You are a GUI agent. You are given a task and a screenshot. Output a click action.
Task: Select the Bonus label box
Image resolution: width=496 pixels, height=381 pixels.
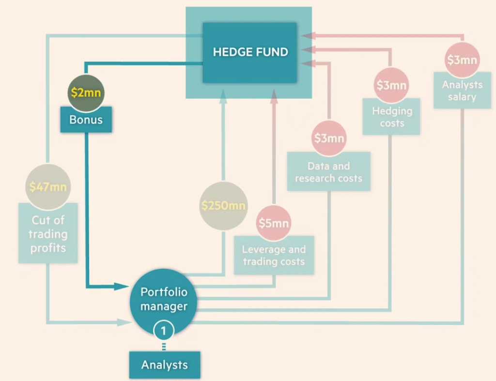(x=86, y=120)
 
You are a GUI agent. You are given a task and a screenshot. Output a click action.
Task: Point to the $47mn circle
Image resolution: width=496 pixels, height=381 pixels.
(x=47, y=187)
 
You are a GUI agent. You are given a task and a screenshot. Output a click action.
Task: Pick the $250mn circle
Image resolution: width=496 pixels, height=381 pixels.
(x=223, y=205)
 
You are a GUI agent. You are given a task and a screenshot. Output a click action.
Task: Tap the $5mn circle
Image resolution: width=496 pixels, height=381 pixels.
(x=274, y=223)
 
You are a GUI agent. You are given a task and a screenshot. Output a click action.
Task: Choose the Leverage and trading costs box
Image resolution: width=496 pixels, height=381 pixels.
(x=274, y=256)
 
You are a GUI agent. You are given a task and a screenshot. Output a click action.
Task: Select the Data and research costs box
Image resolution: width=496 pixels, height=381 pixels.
(x=328, y=171)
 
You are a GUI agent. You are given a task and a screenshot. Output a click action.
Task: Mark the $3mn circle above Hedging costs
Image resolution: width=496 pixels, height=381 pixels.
(x=392, y=86)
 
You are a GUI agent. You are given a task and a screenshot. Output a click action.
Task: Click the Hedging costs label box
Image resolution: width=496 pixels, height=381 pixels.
(x=392, y=116)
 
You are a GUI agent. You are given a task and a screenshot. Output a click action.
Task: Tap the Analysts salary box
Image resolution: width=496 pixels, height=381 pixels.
(x=462, y=91)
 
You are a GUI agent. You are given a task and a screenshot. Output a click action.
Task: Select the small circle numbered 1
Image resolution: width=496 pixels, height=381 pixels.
(x=164, y=331)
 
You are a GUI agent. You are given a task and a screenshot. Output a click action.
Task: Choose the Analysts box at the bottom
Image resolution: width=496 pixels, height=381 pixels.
(x=164, y=365)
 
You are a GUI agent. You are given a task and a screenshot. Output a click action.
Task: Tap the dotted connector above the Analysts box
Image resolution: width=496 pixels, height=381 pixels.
(x=164, y=346)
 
